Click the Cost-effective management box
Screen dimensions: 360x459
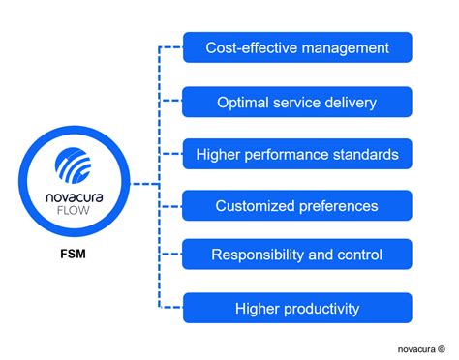pos(297,47)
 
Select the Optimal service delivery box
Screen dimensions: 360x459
pos(297,101)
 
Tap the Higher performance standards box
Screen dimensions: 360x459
pos(297,153)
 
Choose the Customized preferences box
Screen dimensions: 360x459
pos(297,205)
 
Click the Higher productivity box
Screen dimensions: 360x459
pos(297,309)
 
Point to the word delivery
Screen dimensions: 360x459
pos(349,101)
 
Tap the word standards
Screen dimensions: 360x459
pos(365,153)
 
